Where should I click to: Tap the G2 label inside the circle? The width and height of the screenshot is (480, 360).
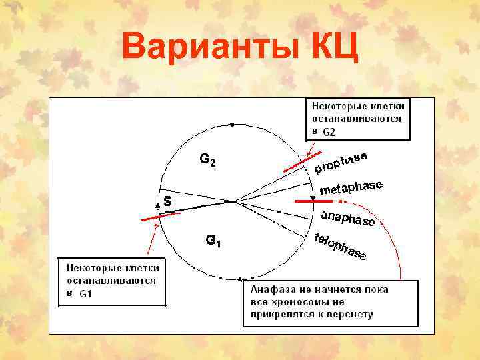[207, 160]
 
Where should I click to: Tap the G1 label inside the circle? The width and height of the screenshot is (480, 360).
[213, 240]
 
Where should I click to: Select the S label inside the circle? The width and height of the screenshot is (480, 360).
[168, 201]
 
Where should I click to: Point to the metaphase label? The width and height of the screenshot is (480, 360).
[351, 188]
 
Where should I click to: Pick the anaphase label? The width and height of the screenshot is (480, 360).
[347, 219]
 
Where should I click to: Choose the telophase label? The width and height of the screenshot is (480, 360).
[339, 247]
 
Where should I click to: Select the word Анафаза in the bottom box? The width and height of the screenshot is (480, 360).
[272, 290]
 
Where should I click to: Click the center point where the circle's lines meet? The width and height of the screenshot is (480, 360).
[233, 201]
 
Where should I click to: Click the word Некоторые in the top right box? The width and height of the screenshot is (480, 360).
[336, 106]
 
